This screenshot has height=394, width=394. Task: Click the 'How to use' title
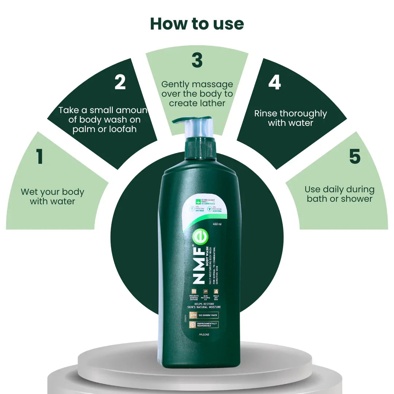point(197,24)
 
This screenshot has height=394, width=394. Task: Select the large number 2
point(120,82)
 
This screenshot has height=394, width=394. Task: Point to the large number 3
point(197,61)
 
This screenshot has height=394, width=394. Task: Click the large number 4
point(274,82)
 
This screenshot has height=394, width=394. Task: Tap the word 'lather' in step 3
point(211,103)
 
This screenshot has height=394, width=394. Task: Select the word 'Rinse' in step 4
point(266,113)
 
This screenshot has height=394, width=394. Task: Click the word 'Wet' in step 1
point(29,192)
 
